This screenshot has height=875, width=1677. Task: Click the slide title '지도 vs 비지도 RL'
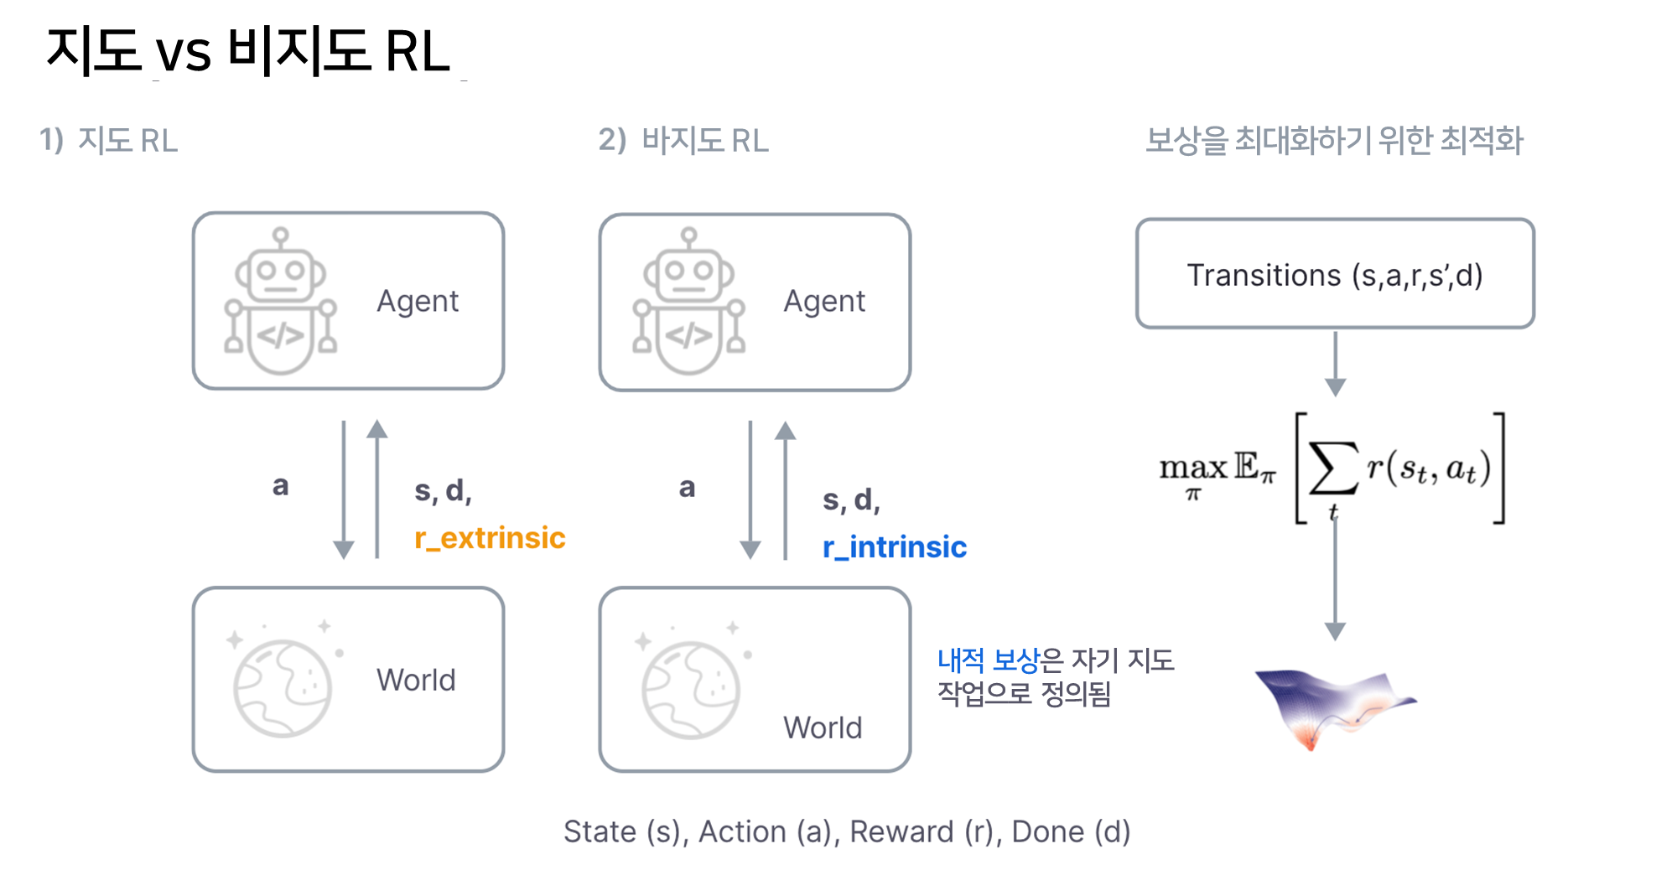pos(248,51)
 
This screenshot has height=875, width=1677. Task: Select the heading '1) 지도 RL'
pos(109,141)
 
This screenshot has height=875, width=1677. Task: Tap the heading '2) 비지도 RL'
pos(683,141)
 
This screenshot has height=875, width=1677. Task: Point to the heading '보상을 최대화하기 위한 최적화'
pos(1334,141)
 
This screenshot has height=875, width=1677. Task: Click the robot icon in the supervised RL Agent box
pos(280,302)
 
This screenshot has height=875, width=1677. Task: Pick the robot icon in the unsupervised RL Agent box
pos(688,302)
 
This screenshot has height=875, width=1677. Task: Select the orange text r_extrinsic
pos(490,538)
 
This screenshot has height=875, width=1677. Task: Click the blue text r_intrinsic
pos(895,547)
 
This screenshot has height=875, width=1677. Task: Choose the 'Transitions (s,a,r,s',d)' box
pos(1335,274)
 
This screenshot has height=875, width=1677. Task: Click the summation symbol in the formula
pos(1333,469)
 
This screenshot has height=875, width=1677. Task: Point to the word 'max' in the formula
pos(1192,468)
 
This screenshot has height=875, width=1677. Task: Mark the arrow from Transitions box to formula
pos(1335,363)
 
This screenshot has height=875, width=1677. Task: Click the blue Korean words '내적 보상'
pos(988,660)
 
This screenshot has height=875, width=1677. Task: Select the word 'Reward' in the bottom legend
pos(901,832)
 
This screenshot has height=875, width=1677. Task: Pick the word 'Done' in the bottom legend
pos(1048,832)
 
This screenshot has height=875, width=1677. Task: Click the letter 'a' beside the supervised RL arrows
pos(281,486)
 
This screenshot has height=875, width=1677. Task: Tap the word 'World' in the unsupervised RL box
pos(823,727)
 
